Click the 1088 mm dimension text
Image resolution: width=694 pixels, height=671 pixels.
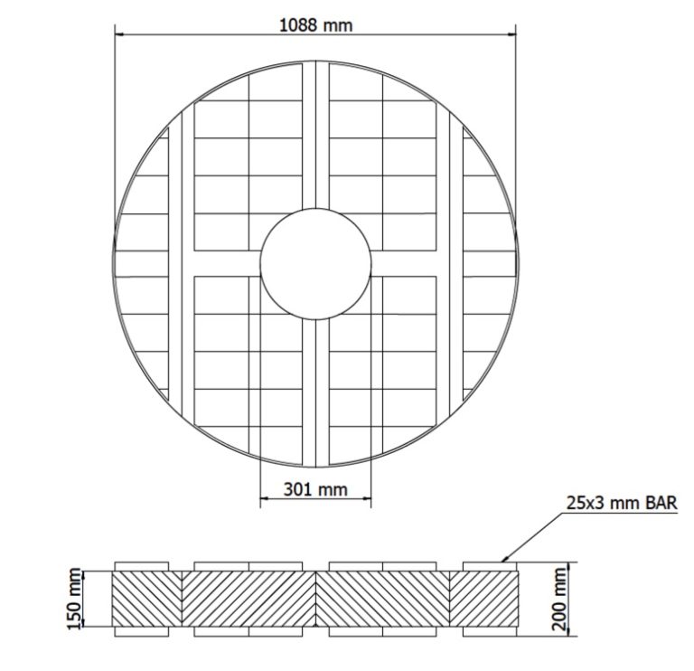[314, 25]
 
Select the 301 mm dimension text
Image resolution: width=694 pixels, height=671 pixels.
[315, 489]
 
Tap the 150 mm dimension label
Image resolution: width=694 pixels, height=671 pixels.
[76, 597]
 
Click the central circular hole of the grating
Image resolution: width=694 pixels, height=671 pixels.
[315, 263]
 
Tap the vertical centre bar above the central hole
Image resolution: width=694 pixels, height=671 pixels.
[315, 136]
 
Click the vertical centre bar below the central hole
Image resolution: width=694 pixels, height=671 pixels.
[315, 389]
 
